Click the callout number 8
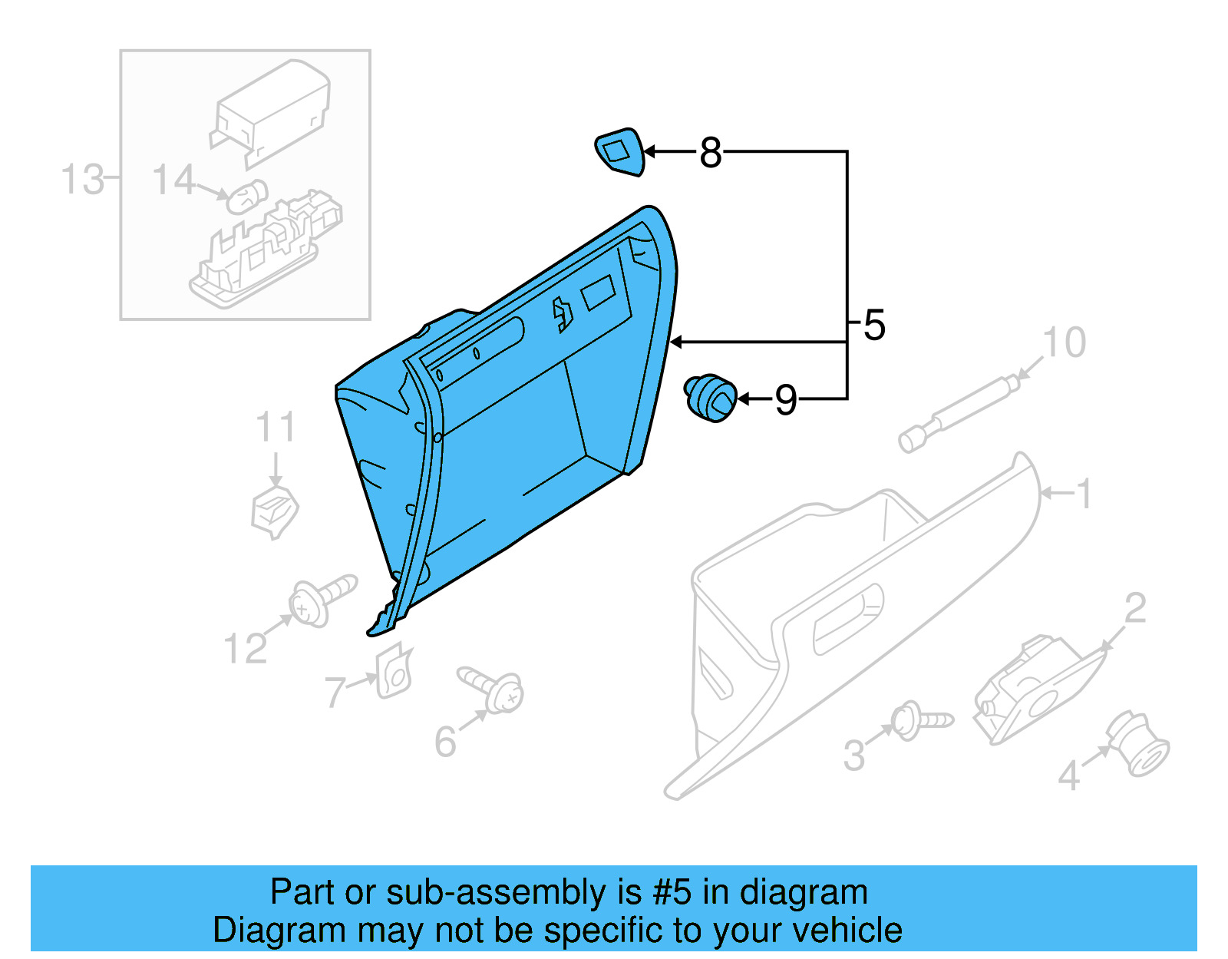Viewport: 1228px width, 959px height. (x=711, y=153)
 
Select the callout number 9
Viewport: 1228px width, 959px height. (x=785, y=400)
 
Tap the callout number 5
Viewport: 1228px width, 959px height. (x=874, y=325)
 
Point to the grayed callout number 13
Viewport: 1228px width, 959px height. (x=81, y=180)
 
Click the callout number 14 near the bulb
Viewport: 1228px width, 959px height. (x=173, y=180)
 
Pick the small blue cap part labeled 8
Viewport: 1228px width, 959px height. (x=620, y=151)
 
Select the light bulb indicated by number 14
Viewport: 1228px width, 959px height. (x=246, y=197)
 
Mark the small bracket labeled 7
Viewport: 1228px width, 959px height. (x=394, y=672)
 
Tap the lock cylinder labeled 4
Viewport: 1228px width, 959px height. (x=1141, y=744)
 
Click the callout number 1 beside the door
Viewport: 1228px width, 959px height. (x=1084, y=494)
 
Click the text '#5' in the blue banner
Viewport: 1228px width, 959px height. (x=672, y=893)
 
